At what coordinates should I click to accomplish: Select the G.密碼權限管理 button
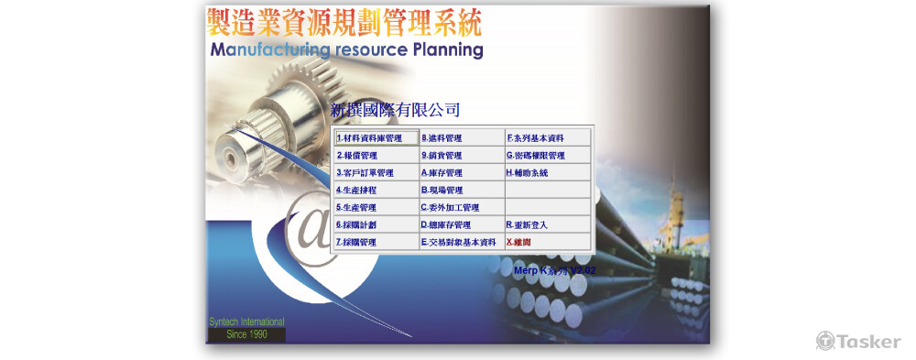point(547,156)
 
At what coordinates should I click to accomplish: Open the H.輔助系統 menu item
point(547,173)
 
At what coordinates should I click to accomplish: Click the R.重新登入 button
point(547,225)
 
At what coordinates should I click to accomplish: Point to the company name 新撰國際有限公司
point(395,111)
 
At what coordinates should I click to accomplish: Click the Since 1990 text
point(245,335)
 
